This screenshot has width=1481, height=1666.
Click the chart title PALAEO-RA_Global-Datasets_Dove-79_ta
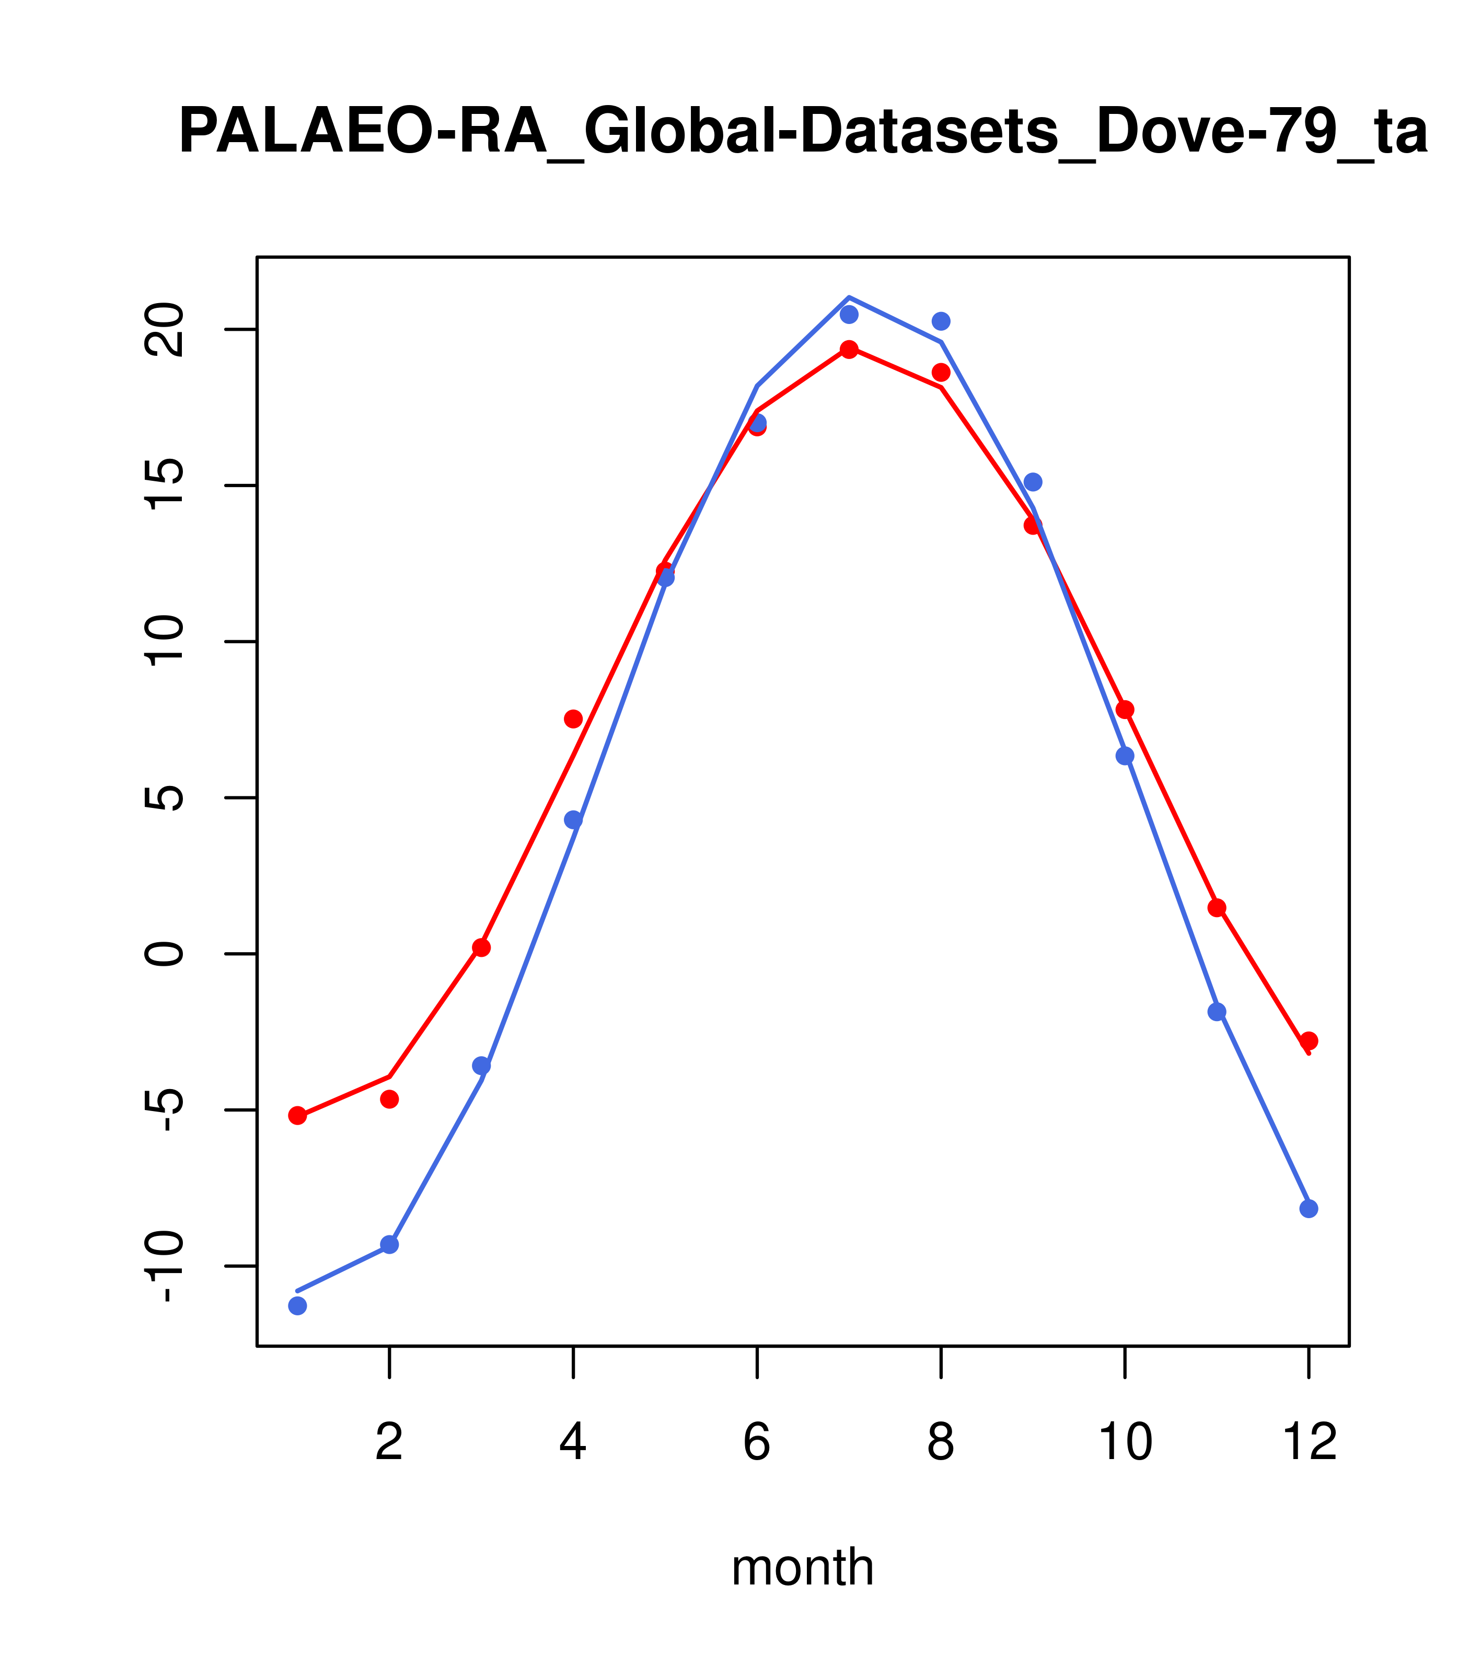(803, 132)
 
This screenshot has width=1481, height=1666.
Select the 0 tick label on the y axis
(163, 954)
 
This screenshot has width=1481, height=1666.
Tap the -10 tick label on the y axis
(163, 1266)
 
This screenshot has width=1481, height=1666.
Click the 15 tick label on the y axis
(163, 486)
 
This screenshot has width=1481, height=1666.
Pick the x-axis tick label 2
(390, 1443)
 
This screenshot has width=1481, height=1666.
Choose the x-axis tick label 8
(941, 1443)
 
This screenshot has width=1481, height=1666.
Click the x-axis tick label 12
(1309, 1443)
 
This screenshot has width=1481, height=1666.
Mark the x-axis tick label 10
(1125, 1443)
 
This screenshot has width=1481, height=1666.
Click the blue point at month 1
(297, 1306)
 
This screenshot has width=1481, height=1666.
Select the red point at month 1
(297, 1116)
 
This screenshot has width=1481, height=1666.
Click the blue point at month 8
(941, 321)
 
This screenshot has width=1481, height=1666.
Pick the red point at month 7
(849, 350)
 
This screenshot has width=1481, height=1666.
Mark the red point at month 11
(1217, 908)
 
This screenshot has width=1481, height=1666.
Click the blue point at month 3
(482, 1066)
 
